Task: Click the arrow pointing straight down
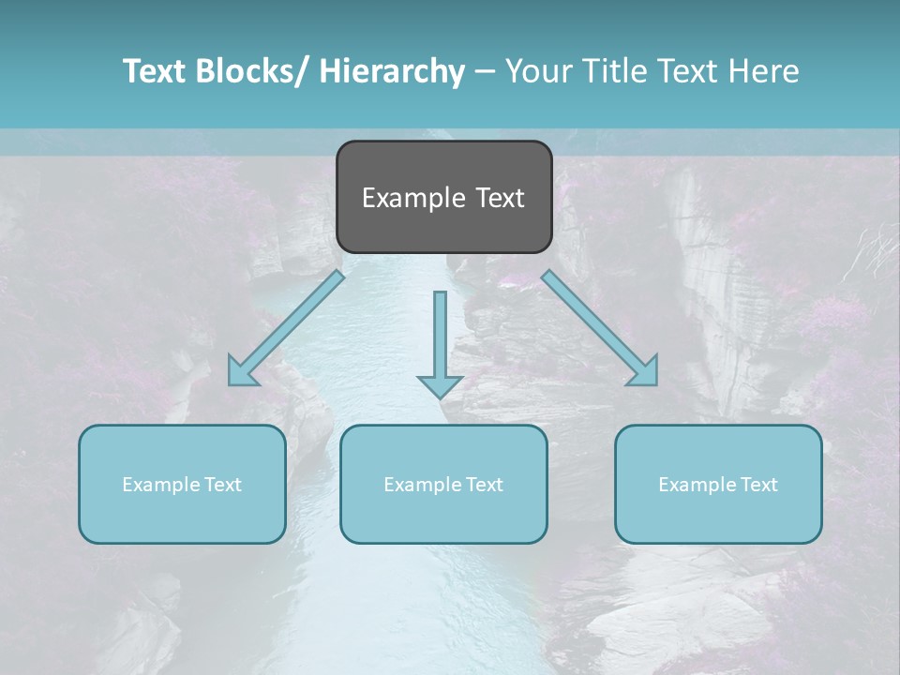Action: [440, 342]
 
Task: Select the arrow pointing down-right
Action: [600, 328]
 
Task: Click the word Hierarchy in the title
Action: [392, 71]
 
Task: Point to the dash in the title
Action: [485, 72]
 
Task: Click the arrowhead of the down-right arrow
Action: [644, 371]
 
